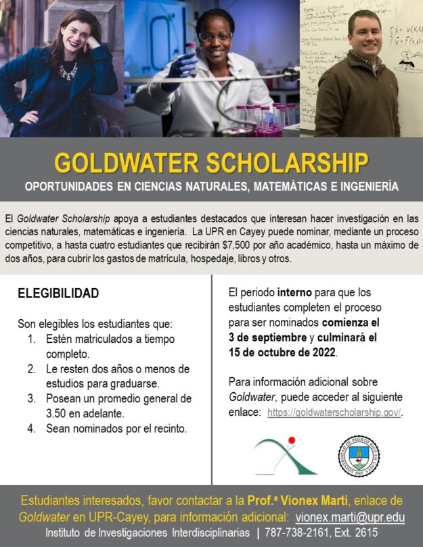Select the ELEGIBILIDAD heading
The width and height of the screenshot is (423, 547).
pyautogui.click(x=58, y=293)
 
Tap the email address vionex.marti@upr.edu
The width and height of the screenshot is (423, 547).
pyautogui.click(x=351, y=517)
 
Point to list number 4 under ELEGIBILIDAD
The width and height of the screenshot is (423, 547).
pyautogui.click(x=31, y=429)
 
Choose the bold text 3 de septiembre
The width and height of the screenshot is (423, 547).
pyautogui.click(x=268, y=337)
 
